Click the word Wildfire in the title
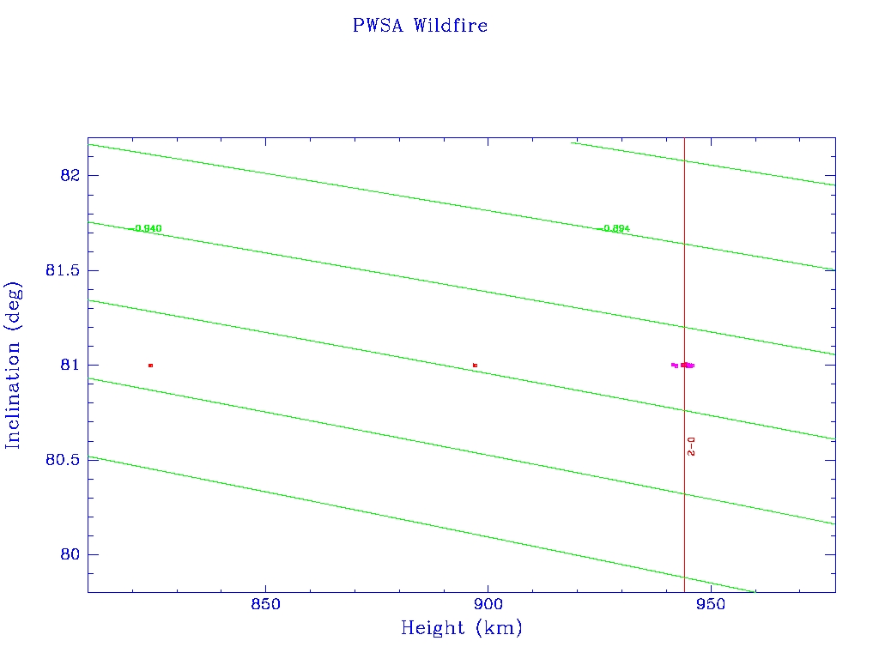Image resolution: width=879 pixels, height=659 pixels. [x=450, y=26]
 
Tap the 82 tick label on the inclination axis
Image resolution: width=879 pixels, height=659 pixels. [x=69, y=175]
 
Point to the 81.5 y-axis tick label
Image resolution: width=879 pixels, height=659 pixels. [x=62, y=270]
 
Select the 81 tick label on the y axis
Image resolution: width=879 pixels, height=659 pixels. [x=69, y=365]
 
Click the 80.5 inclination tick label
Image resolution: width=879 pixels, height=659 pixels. [x=62, y=460]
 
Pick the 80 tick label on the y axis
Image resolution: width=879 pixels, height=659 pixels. [x=69, y=554]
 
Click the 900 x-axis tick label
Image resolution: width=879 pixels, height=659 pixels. [x=488, y=603]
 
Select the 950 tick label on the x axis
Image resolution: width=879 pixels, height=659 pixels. [x=710, y=603]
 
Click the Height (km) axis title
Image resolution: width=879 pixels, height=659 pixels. [x=461, y=629]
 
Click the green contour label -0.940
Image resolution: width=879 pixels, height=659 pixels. [x=147, y=228]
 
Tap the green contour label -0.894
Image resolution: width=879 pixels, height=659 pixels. [x=615, y=228]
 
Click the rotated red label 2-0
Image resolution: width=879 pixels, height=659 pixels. [x=691, y=445]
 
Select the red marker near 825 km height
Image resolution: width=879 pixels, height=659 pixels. [x=150, y=366]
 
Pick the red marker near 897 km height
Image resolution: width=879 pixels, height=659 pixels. [x=475, y=366]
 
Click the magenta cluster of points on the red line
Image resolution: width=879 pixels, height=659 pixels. [x=687, y=365]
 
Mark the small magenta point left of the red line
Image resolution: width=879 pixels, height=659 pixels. [x=674, y=365]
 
